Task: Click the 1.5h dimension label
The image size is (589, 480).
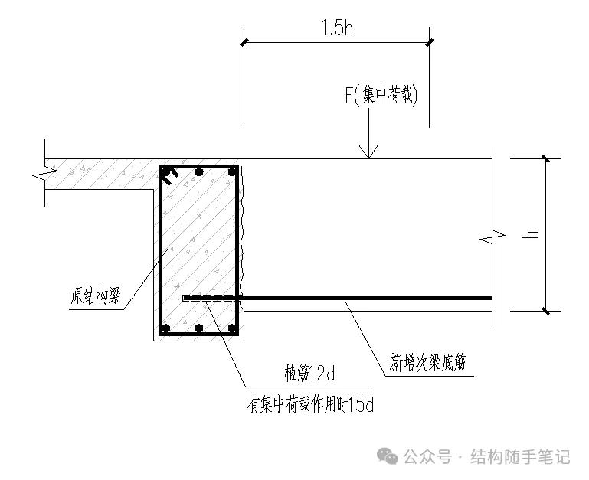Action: click(x=337, y=28)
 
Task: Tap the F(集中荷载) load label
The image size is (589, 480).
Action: click(x=381, y=95)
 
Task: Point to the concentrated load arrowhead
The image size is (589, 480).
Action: click(x=368, y=152)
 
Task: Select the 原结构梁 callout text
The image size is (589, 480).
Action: click(x=96, y=295)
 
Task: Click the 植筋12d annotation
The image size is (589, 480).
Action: click(x=309, y=374)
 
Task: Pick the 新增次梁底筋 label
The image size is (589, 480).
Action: click(x=427, y=362)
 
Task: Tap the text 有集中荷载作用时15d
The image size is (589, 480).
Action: click(x=310, y=404)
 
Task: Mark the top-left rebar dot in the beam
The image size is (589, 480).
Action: click(x=165, y=172)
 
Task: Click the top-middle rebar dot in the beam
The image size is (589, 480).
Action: click(x=199, y=172)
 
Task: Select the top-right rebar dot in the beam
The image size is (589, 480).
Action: click(x=233, y=172)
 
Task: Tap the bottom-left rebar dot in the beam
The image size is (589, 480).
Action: click(x=165, y=328)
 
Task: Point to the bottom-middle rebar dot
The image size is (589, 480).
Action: click(x=199, y=328)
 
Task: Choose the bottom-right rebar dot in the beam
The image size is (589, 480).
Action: click(x=233, y=328)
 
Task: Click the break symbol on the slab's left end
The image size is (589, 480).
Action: click(x=45, y=174)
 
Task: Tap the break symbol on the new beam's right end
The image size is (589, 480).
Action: click(x=492, y=237)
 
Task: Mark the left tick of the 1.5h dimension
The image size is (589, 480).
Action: click(x=244, y=42)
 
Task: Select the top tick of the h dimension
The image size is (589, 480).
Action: click(x=546, y=158)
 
